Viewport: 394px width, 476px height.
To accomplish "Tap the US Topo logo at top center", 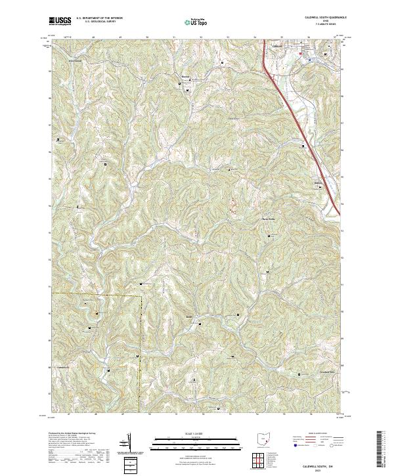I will [190, 22].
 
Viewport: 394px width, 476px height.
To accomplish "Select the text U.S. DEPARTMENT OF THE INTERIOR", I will [100, 18].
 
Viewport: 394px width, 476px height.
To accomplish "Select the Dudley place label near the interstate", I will [319, 183].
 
